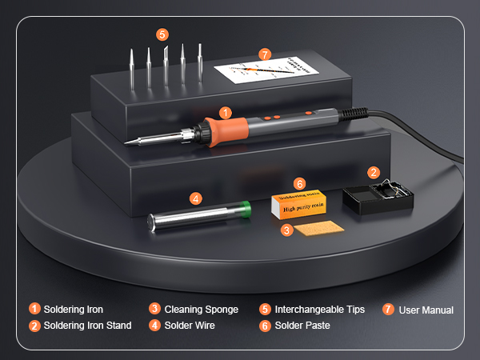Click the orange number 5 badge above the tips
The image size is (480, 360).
(162, 34)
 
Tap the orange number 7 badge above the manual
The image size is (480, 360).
(265, 54)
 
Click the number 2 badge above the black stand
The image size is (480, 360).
(373, 172)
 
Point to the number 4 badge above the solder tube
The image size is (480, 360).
(195, 198)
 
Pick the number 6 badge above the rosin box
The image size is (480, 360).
(300, 183)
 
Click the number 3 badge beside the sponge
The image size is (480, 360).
(286, 230)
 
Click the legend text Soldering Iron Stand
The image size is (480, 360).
(87, 326)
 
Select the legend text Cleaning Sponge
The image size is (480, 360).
(201, 309)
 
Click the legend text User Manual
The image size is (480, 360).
(426, 310)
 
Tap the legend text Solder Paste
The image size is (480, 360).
(302, 326)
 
